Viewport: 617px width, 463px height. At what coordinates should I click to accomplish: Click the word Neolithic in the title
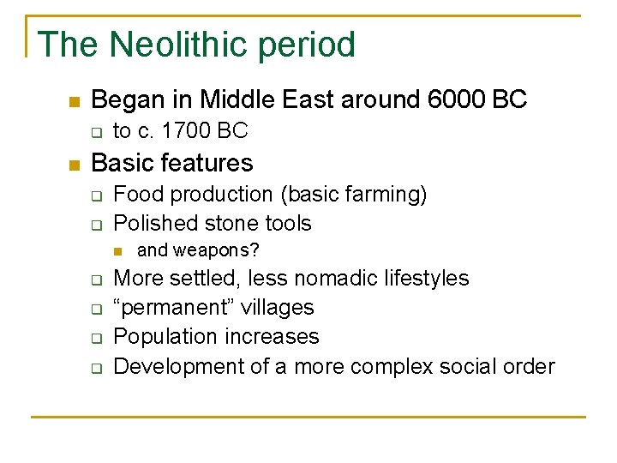click(x=169, y=45)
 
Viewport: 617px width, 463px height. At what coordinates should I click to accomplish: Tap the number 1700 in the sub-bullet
click(x=189, y=131)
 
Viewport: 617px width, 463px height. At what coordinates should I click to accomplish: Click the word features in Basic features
click(x=209, y=162)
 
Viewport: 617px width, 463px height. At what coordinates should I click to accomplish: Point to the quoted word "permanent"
click(x=169, y=308)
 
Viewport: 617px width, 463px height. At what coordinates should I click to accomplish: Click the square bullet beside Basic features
click(x=74, y=164)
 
